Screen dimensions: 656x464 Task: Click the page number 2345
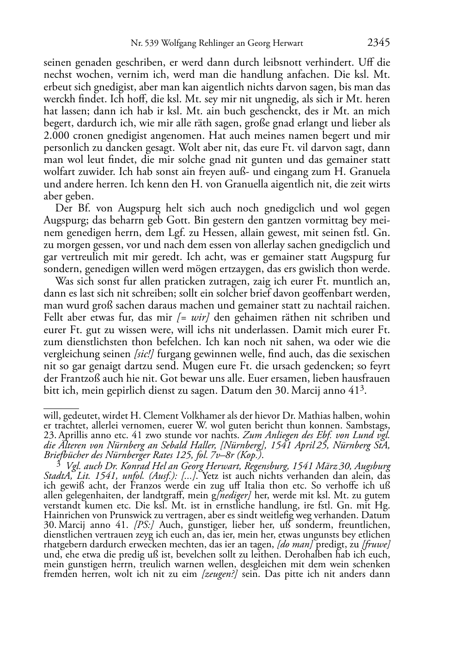tap(379, 43)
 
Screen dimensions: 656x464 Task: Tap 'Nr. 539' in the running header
tap(142, 44)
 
